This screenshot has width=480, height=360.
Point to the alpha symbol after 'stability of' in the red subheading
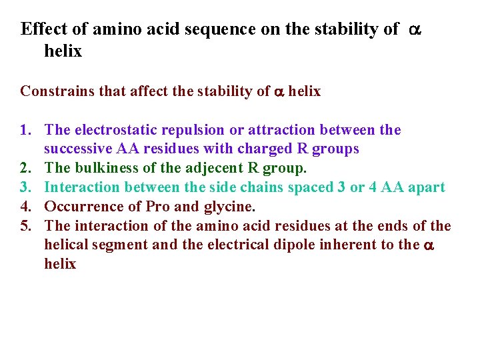coord(279,93)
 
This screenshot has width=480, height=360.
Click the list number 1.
coord(26,130)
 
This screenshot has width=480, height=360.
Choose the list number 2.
coord(26,168)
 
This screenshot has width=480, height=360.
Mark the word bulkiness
coord(105,168)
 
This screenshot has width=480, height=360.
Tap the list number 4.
coord(26,207)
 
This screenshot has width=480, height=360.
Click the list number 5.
coord(26,225)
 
